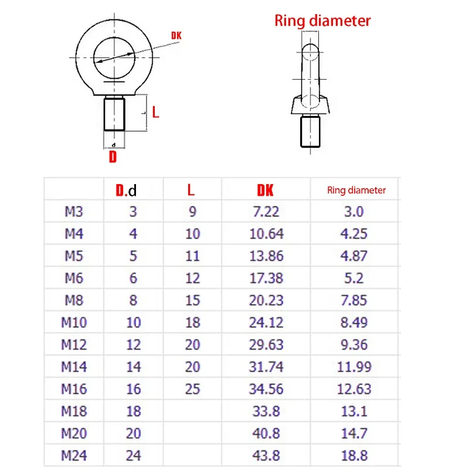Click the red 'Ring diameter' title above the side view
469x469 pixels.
click(322, 21)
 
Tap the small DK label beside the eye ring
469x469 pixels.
click(176, 36)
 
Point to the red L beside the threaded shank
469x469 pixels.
click(155, 112)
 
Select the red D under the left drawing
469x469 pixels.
click(113, 157)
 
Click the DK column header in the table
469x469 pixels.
click(265, 189)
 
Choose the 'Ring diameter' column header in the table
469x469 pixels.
click(356, 190)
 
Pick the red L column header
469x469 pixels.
click(191, 189)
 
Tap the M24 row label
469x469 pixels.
click(74, 455)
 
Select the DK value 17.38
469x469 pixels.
click(267, 278)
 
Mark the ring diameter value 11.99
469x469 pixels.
click(354, 366)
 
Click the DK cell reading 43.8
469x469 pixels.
click(267, 455)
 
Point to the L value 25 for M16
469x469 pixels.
click(192, 389)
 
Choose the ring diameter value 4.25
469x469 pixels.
click(354, 234)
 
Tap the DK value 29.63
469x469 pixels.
click(267, 344)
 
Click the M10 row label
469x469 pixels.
click(74, 322)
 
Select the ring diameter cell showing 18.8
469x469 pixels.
click(354, 455)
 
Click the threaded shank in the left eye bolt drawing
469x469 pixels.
click(114, 114)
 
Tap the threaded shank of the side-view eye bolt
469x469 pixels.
click(311, 132)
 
